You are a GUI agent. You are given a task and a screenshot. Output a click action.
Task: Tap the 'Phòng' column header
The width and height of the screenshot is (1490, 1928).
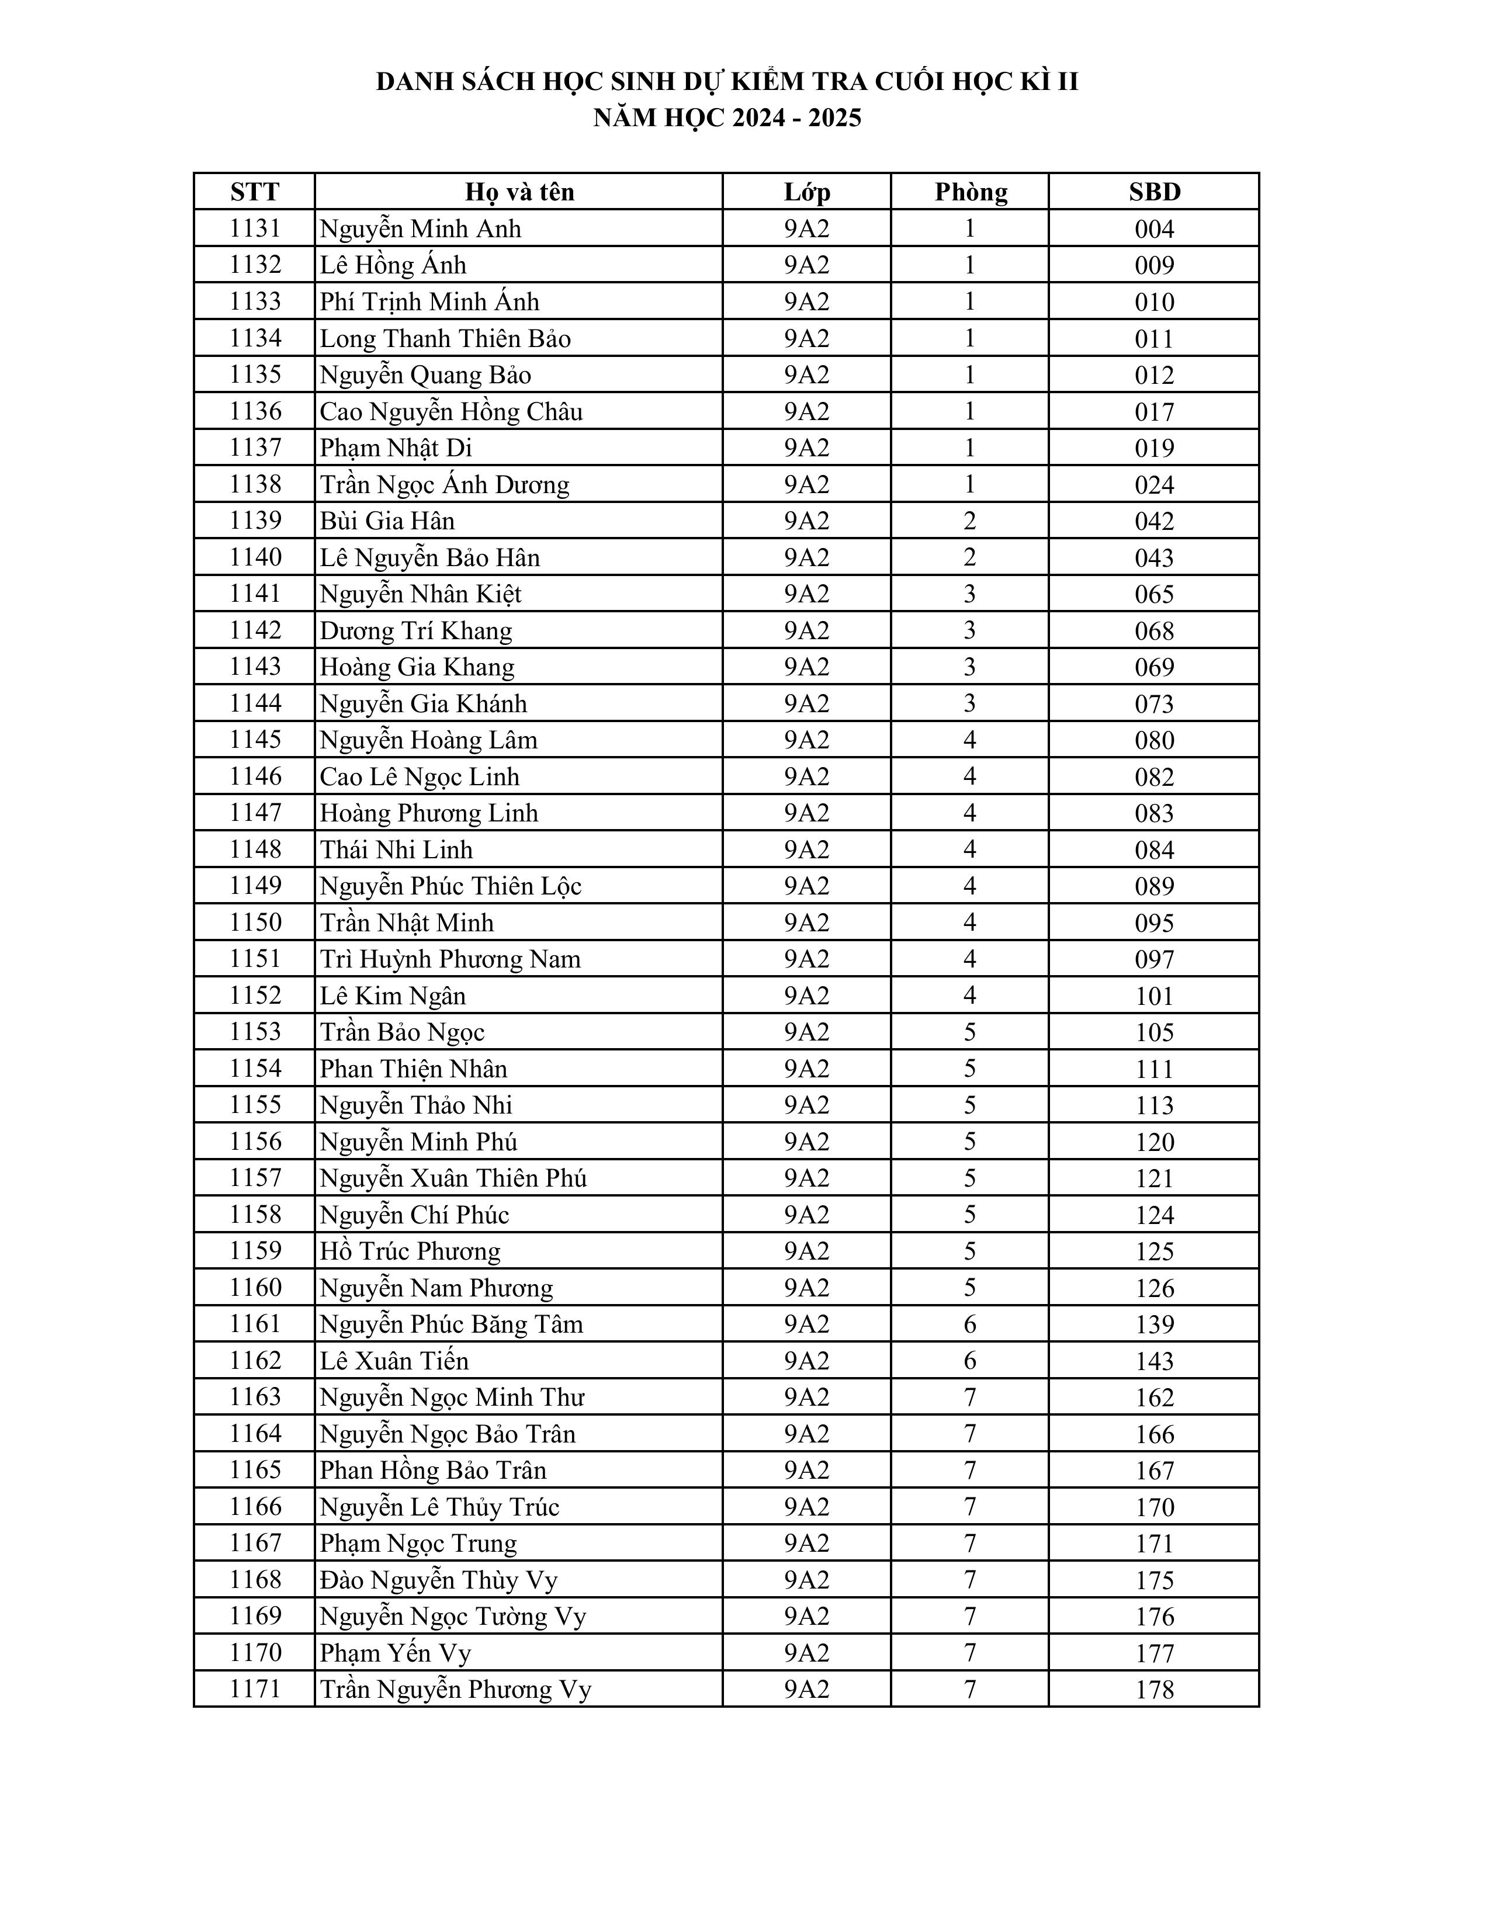[970, 192]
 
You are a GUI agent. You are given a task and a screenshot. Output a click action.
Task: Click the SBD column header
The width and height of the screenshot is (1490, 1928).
[1153, 192]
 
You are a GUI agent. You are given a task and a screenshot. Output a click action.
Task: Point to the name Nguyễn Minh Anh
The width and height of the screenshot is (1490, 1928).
[420, 228]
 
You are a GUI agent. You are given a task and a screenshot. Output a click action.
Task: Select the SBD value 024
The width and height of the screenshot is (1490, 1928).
[1153, 485]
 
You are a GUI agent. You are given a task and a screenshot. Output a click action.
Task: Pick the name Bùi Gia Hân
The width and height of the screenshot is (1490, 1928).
[387, 521]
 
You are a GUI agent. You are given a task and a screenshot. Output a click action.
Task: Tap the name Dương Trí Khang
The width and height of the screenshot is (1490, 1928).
[416, 630]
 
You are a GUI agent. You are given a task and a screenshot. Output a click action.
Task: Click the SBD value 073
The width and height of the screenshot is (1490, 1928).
[1153, 703]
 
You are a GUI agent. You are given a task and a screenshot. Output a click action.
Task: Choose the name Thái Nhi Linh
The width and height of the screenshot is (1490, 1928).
[396, 849]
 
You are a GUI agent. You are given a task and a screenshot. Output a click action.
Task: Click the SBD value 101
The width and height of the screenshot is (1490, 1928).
[1153, 996]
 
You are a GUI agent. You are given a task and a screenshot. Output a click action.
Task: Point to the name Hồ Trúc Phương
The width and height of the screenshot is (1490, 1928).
[410, 1251]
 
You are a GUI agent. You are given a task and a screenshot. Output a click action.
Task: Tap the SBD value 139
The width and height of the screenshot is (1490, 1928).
[1153, 1324]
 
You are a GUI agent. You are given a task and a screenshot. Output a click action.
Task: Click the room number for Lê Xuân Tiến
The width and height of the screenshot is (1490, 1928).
[970, 1360]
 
